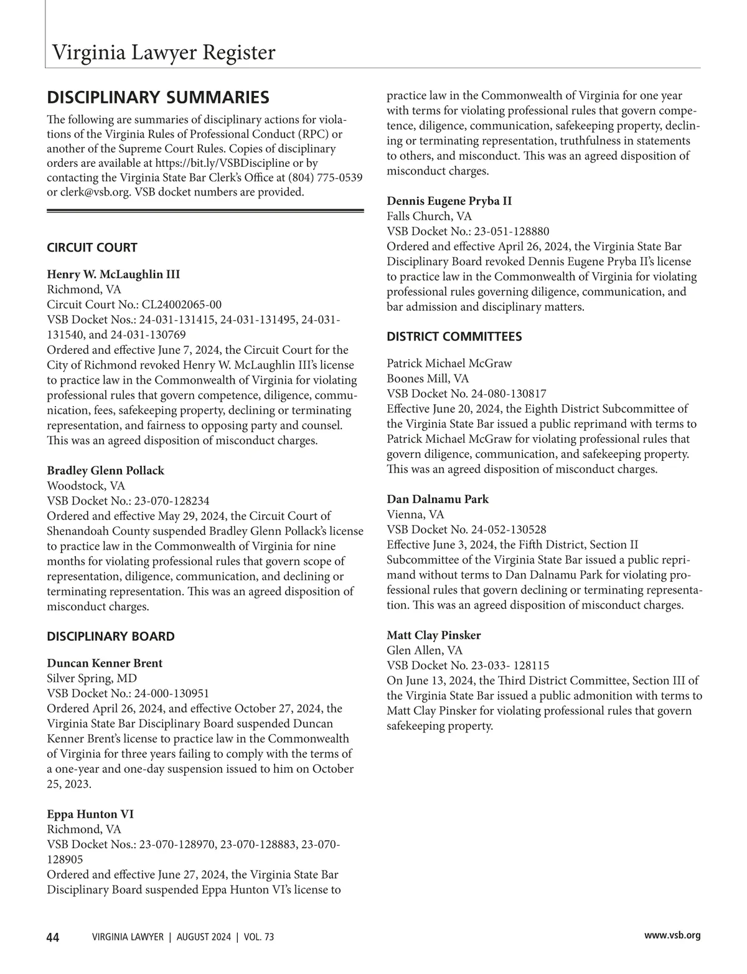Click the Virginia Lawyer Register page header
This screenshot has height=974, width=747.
[163, 52]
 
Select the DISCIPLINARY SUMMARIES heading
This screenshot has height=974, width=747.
[158, 98]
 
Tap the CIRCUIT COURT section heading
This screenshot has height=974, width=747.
[92, 248]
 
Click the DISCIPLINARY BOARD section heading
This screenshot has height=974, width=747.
[111, 636]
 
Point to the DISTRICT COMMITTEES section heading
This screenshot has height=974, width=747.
[454, 337]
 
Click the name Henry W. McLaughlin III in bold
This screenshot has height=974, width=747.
[113, 275]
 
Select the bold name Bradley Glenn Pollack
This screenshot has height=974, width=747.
[106, 471]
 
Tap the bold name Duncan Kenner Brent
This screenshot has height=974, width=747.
[105, 663]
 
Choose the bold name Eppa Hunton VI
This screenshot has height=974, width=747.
[90, 815]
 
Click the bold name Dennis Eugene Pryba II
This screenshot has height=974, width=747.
[449, 201]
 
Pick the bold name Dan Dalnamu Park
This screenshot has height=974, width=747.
[438, 499]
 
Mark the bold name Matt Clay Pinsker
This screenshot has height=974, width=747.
[434, 636]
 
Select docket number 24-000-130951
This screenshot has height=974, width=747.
[174, 694]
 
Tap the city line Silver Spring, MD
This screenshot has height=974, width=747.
[92, 678]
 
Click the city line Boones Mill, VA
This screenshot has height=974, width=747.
[428, 379]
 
